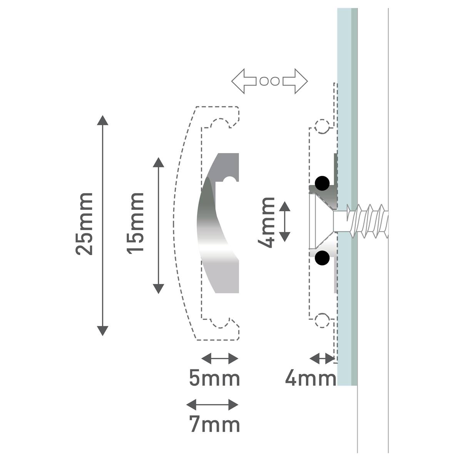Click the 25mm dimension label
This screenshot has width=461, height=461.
pyautogui.click(x=84, y=224)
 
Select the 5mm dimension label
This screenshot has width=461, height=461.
pyautogui.click(x=214, y=378)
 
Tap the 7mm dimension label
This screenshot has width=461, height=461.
pyautogui.click(x=214, y=424)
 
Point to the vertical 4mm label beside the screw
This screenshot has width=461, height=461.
pyautogui.click(x=266, y=222)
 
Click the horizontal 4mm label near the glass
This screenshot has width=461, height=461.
pyautogui.click(x=311, y=378)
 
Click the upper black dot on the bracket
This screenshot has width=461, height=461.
pyautogui.click(x=322, y=183)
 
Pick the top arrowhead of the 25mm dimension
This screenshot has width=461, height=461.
pyautogui.click(x=103, y=120)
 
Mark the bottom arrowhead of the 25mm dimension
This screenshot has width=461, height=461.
pyautogui.click(x=103, y=331)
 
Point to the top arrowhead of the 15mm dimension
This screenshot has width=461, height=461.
pyautogui.click(x=159, y=162)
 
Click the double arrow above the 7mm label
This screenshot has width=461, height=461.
pyautogui.click(x=212, y=405)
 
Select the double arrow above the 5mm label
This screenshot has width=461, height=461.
pyautogui.click(x=220, y=359)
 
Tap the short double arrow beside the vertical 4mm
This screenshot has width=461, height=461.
pyautogui.click(x=285, y=221)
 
